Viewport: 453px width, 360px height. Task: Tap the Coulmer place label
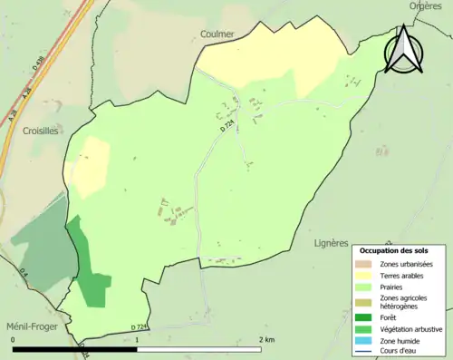(x=217, y=34)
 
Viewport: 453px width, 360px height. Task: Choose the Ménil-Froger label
(x=26, y=328)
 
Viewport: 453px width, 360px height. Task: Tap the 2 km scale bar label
(x=266, y=340)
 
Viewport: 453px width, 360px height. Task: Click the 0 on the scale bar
(x=13, y=340)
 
